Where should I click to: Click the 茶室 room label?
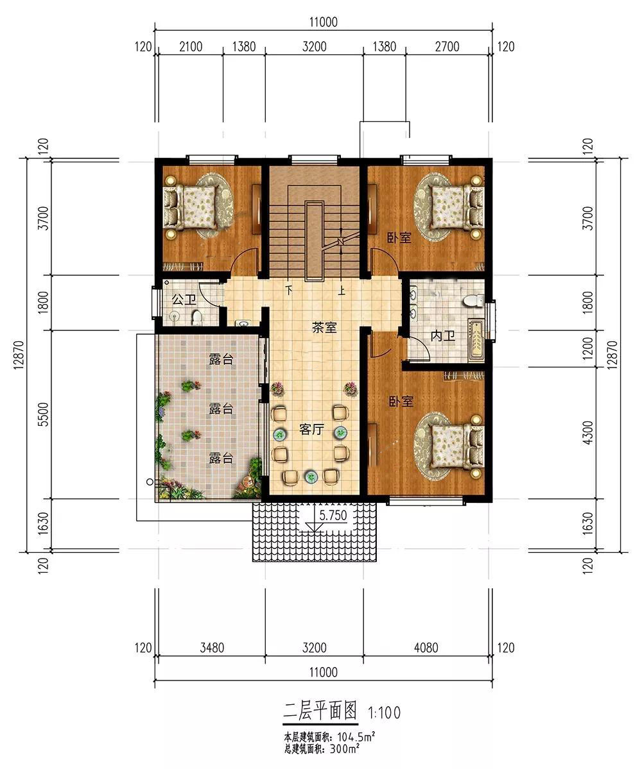pyautogui.click(x=324, y=328)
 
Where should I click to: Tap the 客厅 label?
pyautogui.click(x=311, y=430)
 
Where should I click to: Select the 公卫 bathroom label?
pyautogui.click(x=184, y=299)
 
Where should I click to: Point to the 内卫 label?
pyautogui.click(x=443, y=336)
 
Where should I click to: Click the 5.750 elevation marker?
pyautogui.click(x=333, y=516)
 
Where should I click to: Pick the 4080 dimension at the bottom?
pyautogui.click(x=426, y=647)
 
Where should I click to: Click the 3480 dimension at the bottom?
pyautogui.click(x=212, y=647)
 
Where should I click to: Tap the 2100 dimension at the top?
pyautogui.click(x=191, y=47)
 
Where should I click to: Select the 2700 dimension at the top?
pyautogui.click(x=447, y=47)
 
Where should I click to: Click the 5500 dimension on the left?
pyautogui.click(x=43, y=414)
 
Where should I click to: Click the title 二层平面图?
pyautogui.click(x=320, y=711)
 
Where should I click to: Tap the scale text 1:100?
pyautogui.click(x=385, y=713)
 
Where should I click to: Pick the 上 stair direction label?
pyautogui.click(x=342, y=291)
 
